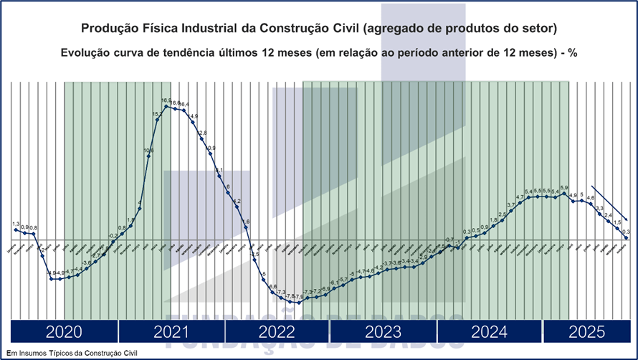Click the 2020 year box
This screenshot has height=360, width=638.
[x=63, y=332]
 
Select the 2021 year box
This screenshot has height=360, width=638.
[x=171, y=332]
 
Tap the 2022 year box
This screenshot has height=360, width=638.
[x=277, y=332]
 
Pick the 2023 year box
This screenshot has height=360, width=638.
[x=384, y=332]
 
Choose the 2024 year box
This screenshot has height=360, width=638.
[x=490, y=332]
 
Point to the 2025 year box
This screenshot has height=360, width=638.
[x=586, y=332]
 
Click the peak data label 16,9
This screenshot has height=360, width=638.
[x=166, y=100]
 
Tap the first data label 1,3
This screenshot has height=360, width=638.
[x=16, y=225]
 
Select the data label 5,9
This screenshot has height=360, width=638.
[x=564, y=188]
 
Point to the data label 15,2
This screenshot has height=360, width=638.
[x=157, y=114]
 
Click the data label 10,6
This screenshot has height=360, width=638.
[x=148, y=151]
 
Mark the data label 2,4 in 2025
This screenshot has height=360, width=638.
[x=608, y=216]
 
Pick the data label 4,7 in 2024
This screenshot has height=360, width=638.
[x=520, y=197]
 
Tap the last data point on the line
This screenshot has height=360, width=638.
[x=626, y=238]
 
